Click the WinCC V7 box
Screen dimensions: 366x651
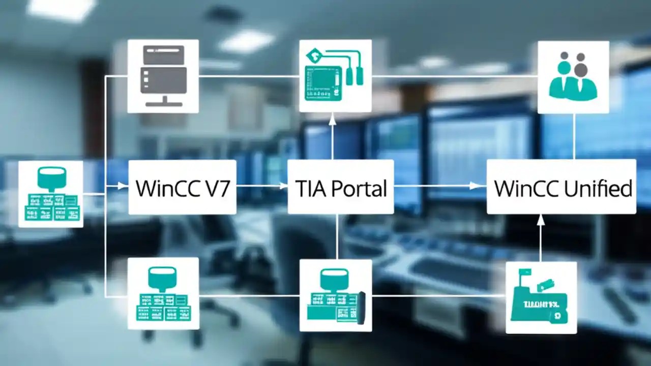pos(182,187)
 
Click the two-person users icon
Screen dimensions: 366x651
pos(573,76)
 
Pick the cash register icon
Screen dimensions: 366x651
pos(541,298)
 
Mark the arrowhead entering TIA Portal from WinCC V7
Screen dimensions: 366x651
pos(283,187)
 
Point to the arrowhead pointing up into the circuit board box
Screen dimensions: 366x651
pos(333,118)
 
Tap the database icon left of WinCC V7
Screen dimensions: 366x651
pos(51,194)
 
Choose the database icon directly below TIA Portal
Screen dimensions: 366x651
pos(335,295)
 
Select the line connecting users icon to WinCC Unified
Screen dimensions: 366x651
pos(574,136)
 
